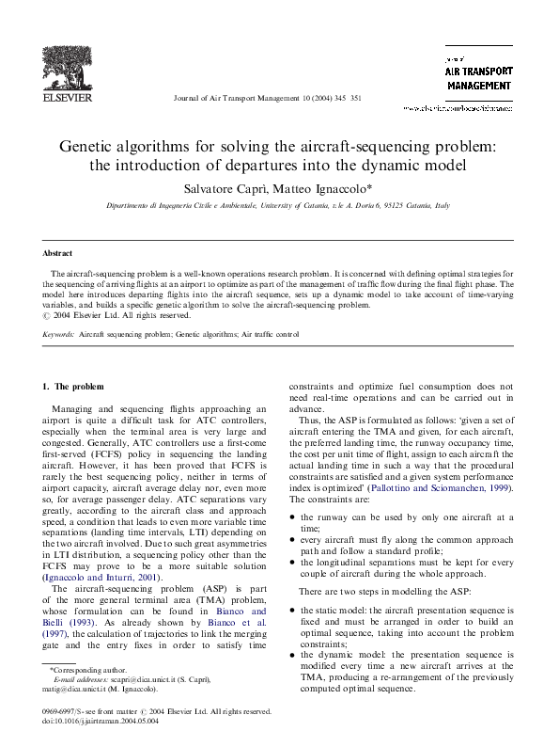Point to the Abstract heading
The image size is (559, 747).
click(x=58, y=253)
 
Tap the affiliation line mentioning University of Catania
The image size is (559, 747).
click(x=278, y=204)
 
